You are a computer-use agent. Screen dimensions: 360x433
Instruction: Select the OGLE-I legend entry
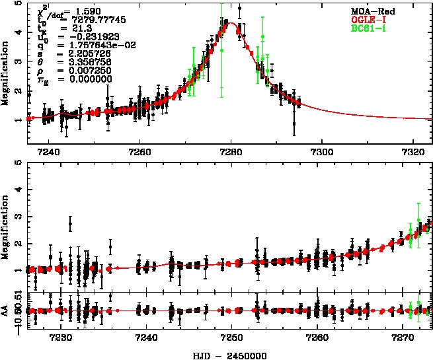tap(369, 20)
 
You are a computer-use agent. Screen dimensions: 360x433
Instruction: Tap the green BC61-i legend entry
tap(368, 28)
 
